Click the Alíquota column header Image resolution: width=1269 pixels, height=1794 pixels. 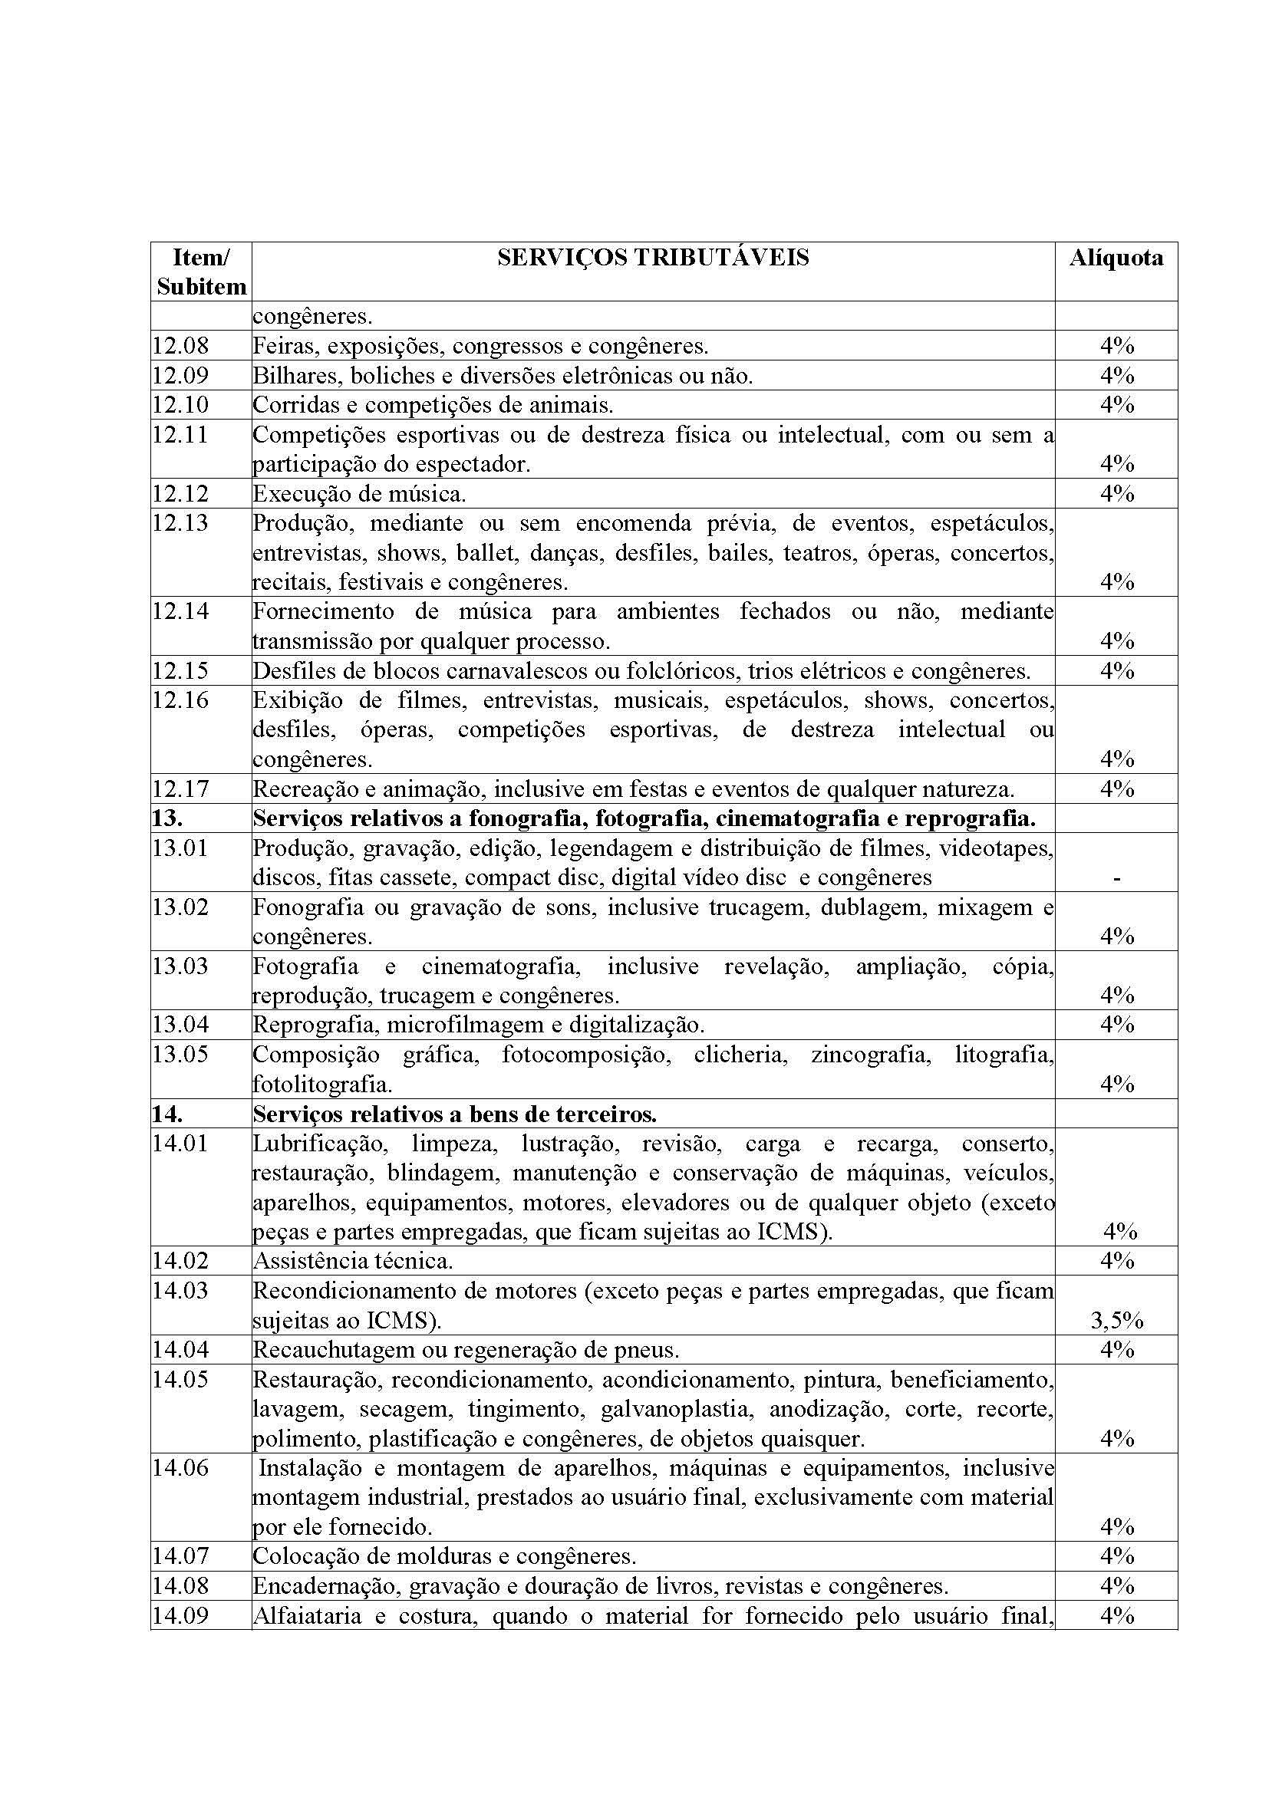click(1115, 258)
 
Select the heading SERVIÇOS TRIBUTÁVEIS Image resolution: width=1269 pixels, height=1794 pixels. click(652, 258)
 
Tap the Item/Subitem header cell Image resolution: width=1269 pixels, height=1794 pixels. click(201, 272)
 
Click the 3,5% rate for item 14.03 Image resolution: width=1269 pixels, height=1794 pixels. click(1116, 1321)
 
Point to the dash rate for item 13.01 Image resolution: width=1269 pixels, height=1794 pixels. click(1116, 878)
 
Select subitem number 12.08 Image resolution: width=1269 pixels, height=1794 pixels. click(180, 345)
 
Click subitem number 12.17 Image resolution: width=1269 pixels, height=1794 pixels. click(180, 788)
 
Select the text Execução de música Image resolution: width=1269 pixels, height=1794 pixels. click(359, 494)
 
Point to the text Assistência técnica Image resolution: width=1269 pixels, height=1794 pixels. click(352, 1260)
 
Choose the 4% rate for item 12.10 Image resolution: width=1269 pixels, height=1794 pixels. click(1116, 405)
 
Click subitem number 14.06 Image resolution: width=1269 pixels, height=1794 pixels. click(180, 1468)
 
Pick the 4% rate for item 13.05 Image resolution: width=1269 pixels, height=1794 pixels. click(1116, 1084)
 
